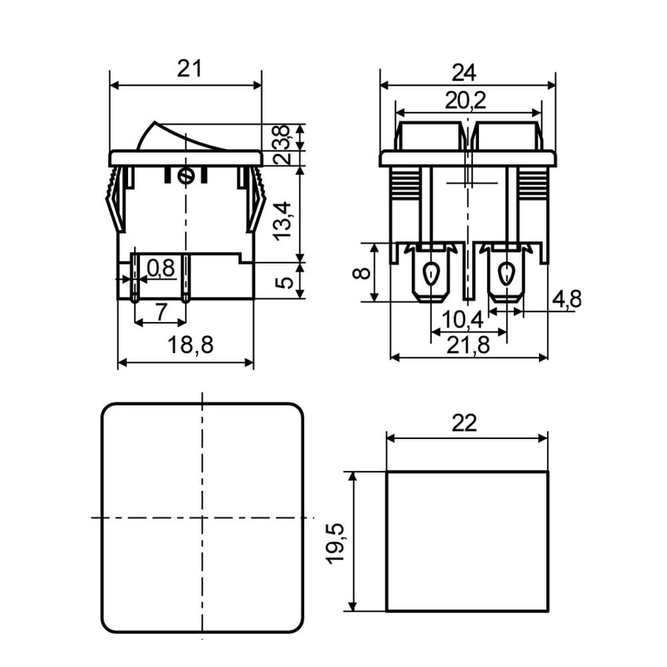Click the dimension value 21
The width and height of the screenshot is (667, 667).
(x=189, y=69)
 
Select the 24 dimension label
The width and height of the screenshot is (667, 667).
(x=464, y=73)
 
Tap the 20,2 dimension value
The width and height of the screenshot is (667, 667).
(x=466, y=101)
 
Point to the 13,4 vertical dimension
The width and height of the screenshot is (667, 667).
(x=283, y=221)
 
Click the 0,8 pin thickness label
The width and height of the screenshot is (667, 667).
(x=161, y=268)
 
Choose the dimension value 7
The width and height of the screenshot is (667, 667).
(x=161, y=311)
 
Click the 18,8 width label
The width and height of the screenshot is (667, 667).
(x=190, y=345)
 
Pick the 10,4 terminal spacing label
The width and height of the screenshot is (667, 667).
(x=463, y=319)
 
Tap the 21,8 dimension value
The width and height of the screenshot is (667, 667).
(x=468, y=345)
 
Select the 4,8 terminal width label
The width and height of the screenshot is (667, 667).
(x=566, y=299)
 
